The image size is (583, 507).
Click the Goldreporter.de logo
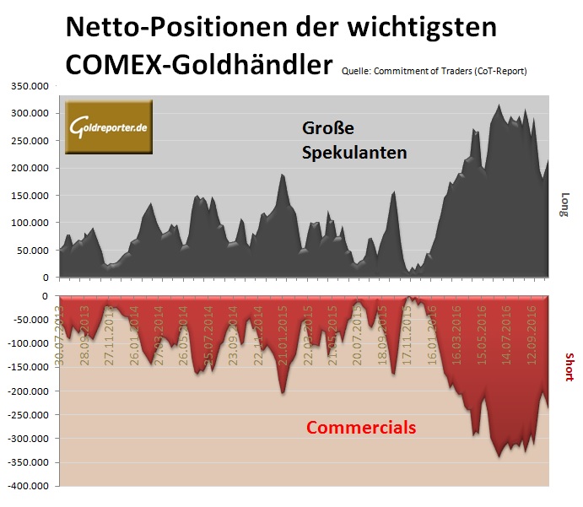(108, 127)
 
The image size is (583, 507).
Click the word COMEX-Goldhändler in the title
(196, 66)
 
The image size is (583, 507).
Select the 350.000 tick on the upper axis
(30, 86)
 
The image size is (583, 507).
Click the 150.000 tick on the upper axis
(30, 196)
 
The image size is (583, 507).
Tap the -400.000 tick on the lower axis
(29, 487)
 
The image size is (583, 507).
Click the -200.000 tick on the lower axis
(29, 391)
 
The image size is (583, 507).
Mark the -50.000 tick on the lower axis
(31, 321)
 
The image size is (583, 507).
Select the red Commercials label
(360, 428)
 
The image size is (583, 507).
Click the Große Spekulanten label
(354, 142)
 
